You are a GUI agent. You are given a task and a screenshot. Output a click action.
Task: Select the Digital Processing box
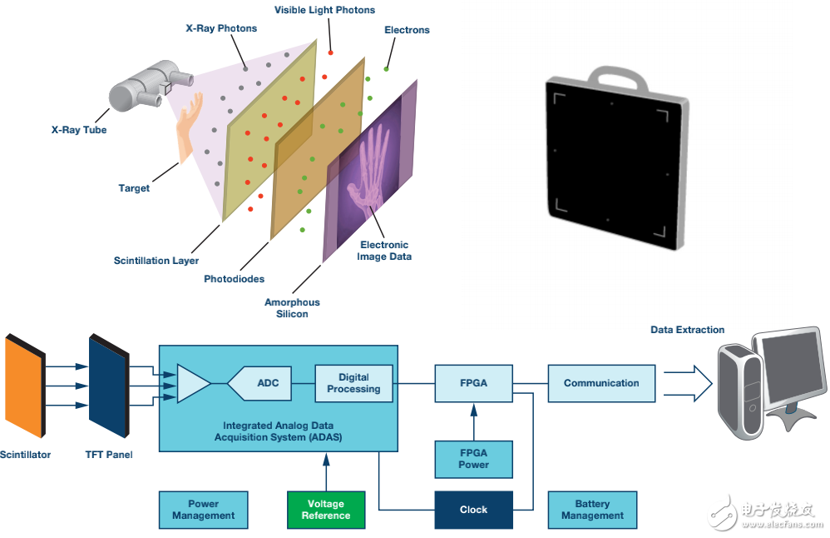(353, 383)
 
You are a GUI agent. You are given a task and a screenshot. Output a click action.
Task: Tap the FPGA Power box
(473, 459)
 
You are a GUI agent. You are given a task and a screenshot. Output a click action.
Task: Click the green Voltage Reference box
(326, 510)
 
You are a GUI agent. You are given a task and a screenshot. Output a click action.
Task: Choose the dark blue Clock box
(473, 510)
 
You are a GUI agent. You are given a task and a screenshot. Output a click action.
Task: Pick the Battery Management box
(592, 510)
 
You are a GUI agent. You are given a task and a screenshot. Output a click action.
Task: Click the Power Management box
(203, 510)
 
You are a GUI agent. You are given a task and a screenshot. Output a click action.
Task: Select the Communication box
(601, 383)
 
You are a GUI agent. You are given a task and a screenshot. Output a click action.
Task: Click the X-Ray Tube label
(79, 130)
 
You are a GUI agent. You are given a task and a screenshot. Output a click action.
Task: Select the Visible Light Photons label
(324, 10)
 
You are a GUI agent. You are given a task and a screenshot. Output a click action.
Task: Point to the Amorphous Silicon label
(292, 308)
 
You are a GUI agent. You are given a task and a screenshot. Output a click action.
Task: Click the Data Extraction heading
(687, 330)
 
